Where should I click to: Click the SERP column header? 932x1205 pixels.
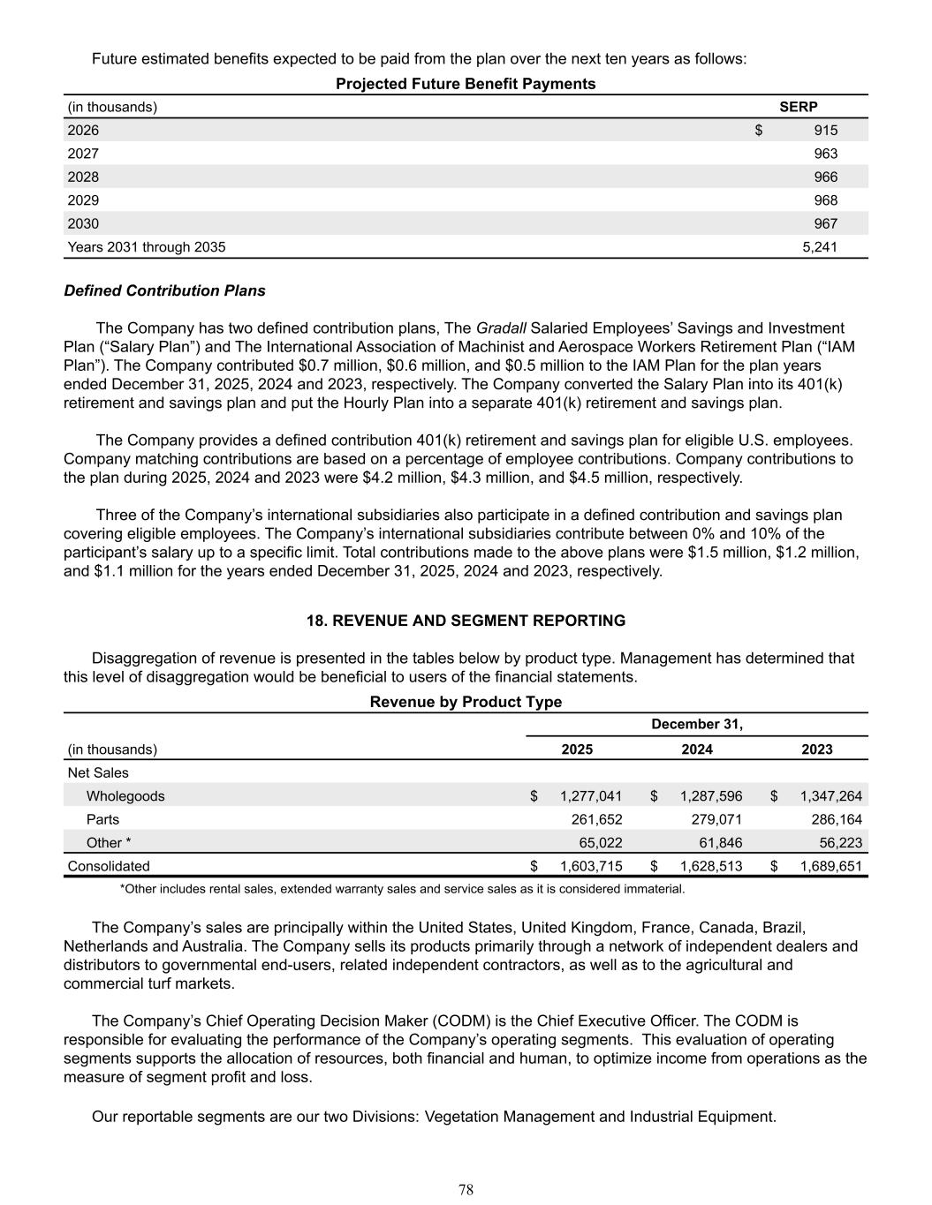(x=798, y=107)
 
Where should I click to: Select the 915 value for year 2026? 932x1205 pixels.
(x=825, y=131)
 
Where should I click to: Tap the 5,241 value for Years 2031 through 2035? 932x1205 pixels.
(x=819, y=247)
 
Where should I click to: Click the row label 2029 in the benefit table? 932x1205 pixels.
(x=83, y=200)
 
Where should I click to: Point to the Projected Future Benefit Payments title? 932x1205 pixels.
(x=466, y=84)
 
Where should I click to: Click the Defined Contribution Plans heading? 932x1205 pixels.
(x=164, y=290)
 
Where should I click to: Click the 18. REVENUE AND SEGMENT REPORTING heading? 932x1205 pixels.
(x=466, y=621)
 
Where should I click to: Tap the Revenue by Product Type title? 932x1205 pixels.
(x=466, y=702)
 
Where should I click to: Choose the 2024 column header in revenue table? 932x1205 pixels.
(x=697, y=749)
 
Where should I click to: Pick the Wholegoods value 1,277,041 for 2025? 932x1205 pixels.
(x=591, y=796)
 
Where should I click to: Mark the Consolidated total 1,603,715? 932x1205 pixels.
(x=591, y=866)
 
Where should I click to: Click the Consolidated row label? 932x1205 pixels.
(x=109, y=866)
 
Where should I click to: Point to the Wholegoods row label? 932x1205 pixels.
(x=125, y=796)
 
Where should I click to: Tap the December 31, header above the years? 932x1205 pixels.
(x=697, y=725)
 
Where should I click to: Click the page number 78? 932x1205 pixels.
(x=466, y=1190)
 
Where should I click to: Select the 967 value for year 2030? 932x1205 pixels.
(x=825, y=224)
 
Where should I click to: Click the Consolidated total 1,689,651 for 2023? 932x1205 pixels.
(x=830, y=866)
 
